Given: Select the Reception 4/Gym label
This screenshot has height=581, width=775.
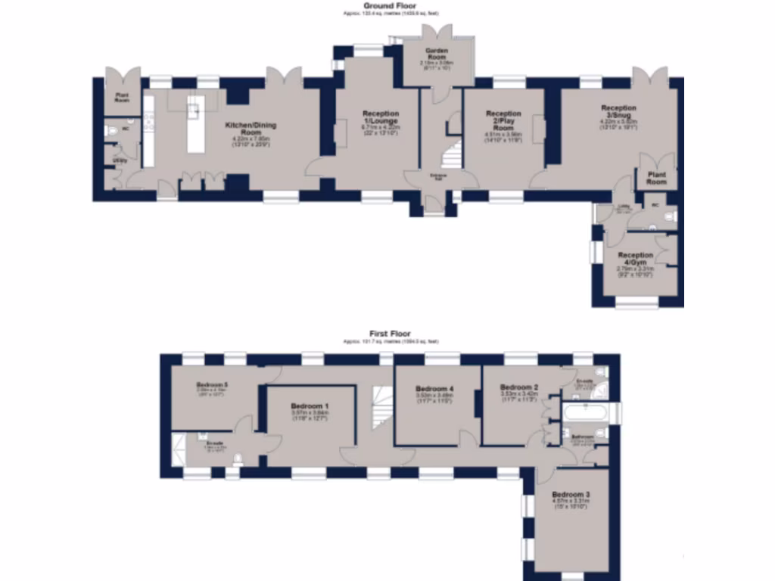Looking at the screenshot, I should click(x=635, y=259).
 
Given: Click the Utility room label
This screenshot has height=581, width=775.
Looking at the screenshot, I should click(x=120, y=160).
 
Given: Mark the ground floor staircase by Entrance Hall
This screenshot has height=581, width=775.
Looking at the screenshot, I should click(x=452, y=155).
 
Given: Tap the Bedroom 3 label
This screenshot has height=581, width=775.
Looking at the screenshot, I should click(x=571, y=494).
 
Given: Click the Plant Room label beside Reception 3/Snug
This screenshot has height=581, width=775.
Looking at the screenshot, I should click(x=656, y=179).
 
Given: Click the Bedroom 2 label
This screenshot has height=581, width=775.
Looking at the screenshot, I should click(x=518, y=387).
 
